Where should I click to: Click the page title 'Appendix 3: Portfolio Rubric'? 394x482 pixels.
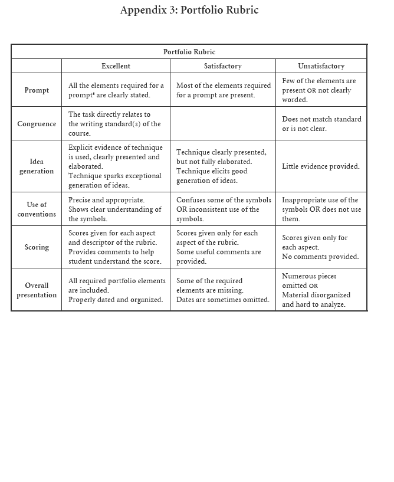pos(189,10)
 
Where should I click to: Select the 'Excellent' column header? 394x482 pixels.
pos(116,66)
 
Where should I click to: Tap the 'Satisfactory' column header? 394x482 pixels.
pos(222,66)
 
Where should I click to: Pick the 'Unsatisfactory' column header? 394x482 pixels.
pos(321,66)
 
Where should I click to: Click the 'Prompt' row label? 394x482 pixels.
pos(37,90)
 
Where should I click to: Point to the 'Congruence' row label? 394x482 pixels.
pos(37,124)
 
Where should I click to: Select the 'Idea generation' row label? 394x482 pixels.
pos(37,166)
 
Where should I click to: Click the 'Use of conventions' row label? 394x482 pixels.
pos(37,209)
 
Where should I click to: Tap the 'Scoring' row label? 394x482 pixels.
pos(37,247)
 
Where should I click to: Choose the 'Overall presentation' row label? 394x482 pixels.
pos(37,290)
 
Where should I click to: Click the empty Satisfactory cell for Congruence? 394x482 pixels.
pos(222,124)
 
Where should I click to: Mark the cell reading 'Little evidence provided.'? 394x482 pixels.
pos(320,166)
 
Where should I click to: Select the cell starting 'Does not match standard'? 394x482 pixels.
pos(321,124)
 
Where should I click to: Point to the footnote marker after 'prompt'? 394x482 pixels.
pos(94,93)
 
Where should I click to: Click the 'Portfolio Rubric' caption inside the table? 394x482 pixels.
pos(189,52)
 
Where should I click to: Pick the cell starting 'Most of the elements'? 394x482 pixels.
pos(223,90)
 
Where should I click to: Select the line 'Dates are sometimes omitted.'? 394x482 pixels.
pos(222,300)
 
